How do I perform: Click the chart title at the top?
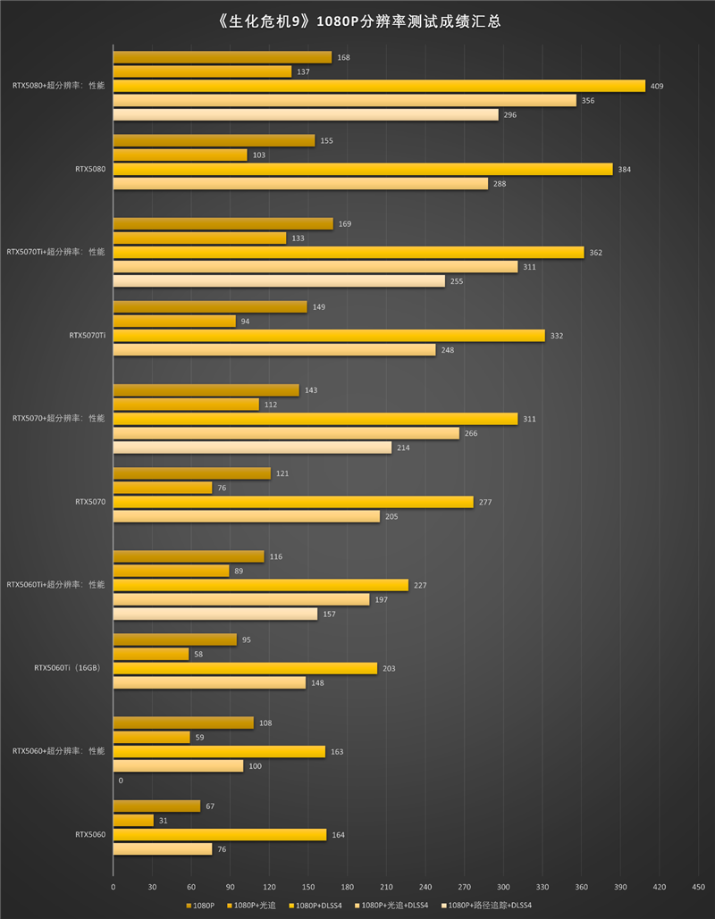(357, 21)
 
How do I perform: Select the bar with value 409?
(379, 86)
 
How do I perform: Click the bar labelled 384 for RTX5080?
(363, 169)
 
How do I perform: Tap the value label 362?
(595, 253)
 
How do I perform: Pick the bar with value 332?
(329, 336)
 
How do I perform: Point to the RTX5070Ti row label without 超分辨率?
(87, 336)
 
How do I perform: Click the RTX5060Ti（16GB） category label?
(67, 668)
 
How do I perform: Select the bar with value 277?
(293, 502)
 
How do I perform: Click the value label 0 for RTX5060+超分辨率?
(121, 781)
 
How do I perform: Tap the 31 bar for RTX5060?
(133, 820)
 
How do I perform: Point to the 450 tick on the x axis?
(698, 887)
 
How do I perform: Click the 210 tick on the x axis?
(386, 887)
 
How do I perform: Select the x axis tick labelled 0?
(113, 887)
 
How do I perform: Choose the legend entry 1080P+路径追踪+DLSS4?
(489, 906)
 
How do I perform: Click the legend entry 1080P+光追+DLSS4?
(394, 906)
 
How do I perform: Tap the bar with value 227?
(261, 585)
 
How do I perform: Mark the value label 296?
(509, 115)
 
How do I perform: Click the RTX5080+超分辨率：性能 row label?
(58, 86)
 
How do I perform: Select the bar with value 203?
(245, 668)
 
